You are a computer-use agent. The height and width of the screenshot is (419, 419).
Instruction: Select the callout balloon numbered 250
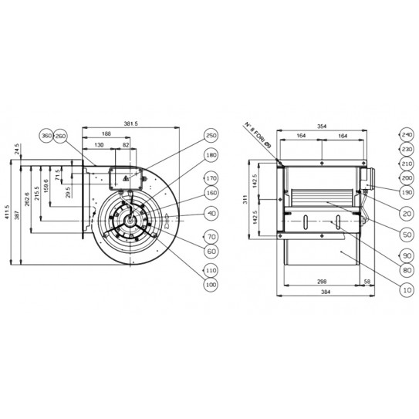tap(210, 136)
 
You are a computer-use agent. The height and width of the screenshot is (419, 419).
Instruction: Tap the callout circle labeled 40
tap(210, 212)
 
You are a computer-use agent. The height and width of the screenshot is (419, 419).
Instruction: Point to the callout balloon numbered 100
tap(210, 284)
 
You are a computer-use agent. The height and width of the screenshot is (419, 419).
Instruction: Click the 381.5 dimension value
tap(130, 123)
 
